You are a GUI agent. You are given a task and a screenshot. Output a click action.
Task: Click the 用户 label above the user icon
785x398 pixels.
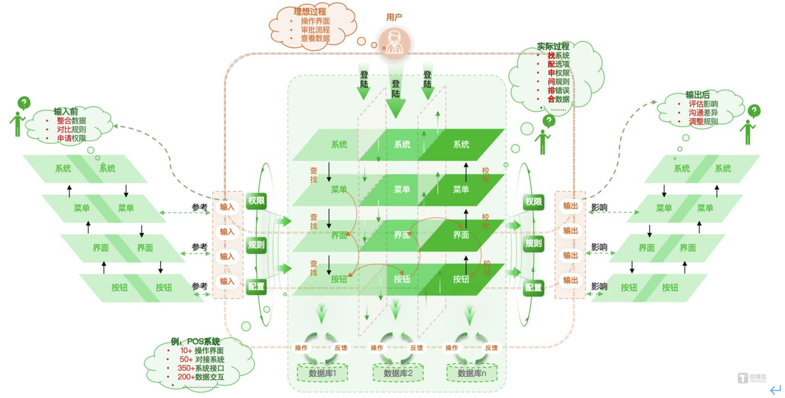tap(394, 17)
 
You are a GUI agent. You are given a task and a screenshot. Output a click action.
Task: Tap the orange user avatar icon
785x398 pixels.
tap(394, 43)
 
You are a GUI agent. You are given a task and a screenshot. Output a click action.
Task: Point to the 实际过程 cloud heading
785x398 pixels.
tap(553, 46)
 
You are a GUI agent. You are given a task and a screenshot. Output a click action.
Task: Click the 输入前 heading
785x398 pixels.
tap(65, 111)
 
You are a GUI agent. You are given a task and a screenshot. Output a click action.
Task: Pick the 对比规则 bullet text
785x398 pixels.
tap(71, 129)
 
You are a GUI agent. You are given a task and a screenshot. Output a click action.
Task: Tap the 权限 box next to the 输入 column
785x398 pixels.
tap(256, 200)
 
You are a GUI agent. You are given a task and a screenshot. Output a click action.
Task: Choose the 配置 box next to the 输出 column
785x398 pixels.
tap(533, 287)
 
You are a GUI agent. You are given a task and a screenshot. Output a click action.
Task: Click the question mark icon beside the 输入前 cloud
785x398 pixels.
tap(24, 103)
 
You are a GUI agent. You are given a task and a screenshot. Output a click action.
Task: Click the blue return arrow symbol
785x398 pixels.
tap(775, 389)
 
